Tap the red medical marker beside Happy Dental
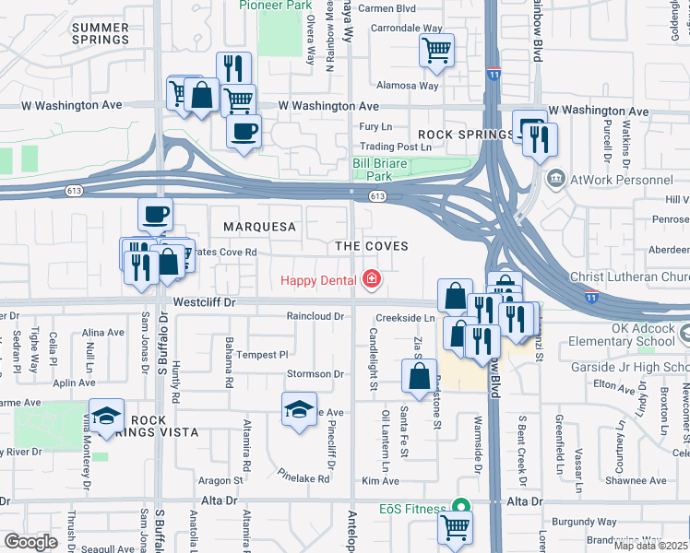click(372, 278)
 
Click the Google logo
click(30, 541)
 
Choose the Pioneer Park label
click(274, 5)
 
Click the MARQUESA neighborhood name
click(259, 227)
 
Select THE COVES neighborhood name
click(371, 246)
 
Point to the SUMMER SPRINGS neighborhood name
click(100, 34)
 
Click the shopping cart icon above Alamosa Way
click(436, 49)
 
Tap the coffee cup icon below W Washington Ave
click(244, 131)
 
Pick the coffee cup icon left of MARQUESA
click(155, 214)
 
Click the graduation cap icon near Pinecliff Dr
click(298, 408)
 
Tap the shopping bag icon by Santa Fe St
click(419, 376)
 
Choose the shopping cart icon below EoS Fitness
click(455, 528)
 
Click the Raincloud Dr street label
click(315, 316)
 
